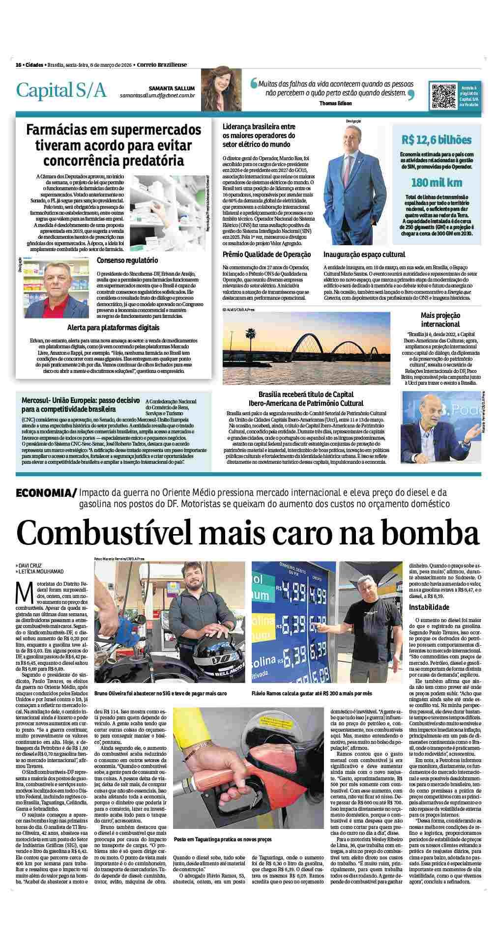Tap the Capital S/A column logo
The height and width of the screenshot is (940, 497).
coord(61,90)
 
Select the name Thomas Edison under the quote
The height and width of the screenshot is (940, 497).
coord(335,104)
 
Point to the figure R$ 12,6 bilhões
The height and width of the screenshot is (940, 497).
coord(436,140)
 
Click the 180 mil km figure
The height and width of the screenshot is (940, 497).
coord(437,182)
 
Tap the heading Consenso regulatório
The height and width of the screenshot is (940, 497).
coord(127,260)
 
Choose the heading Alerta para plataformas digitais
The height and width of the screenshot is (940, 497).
coord(114,327)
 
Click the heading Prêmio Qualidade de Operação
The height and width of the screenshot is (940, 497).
coord(266,254)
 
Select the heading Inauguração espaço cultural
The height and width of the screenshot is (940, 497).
coord(364,254)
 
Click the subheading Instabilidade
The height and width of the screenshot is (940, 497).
coord(429,607)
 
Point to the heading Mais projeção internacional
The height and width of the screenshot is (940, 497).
coord(440,319)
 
